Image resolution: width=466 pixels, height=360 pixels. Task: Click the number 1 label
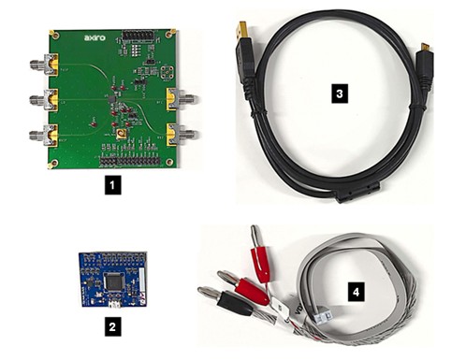(x=112, y=185)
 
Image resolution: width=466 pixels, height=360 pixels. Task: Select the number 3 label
(x=341, y=94)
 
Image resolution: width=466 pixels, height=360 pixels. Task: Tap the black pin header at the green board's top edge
(x=143, y=36)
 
